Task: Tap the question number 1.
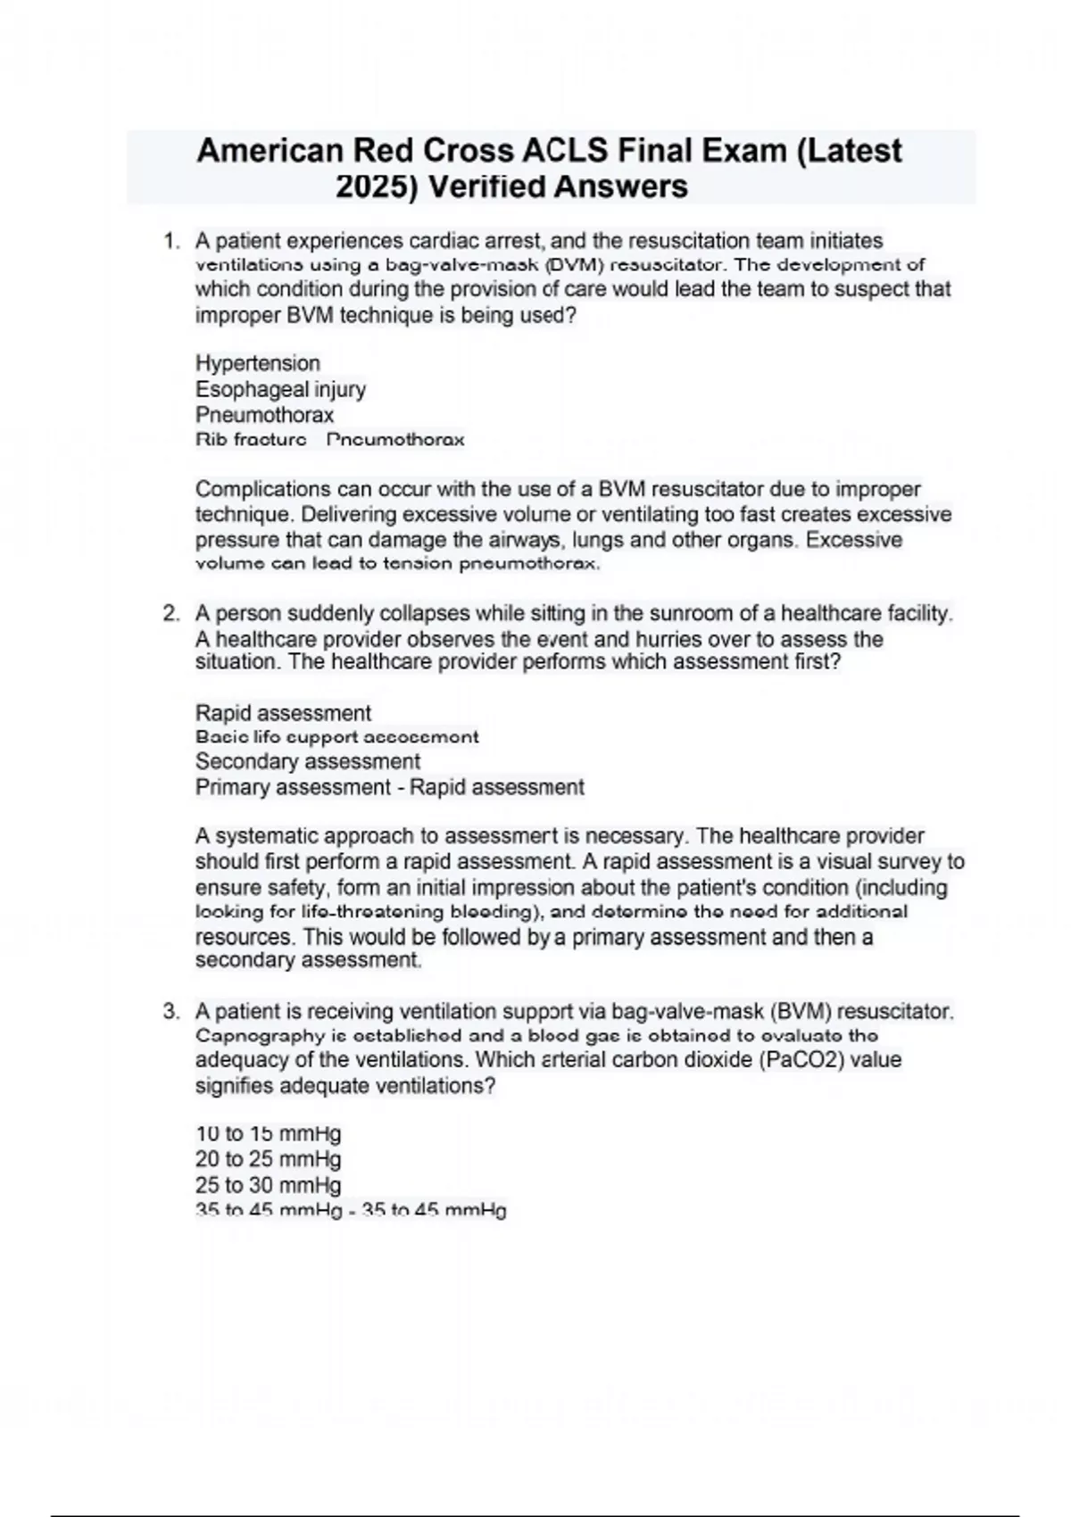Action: (170, 241)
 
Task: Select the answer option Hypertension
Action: (257, 363)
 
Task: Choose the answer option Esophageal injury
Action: (280, 389)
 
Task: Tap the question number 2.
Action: (170, 614)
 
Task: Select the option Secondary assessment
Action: (307, 761)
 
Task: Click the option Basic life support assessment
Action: (336, 737)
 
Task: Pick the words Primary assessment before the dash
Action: (293, 787)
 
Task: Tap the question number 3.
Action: (170, 1012)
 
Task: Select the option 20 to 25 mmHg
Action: (268, 1159)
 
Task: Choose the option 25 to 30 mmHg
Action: (268, 1185)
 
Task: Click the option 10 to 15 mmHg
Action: (268, 1134)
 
